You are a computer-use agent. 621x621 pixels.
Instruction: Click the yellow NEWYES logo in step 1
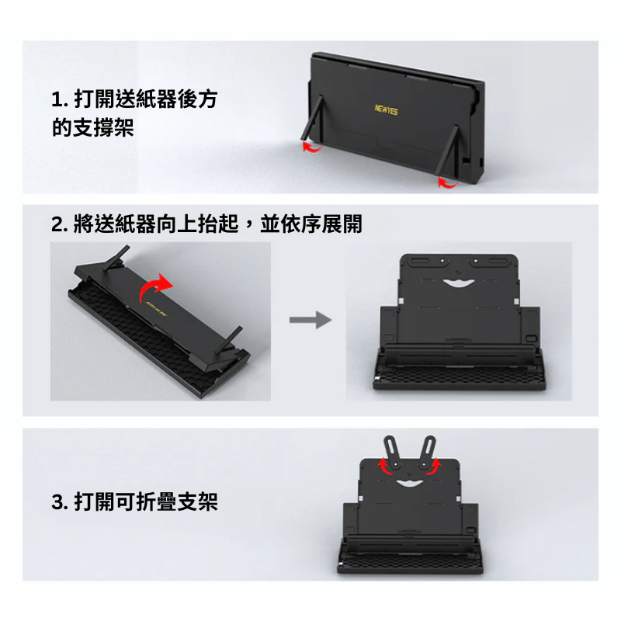[x=386, y=109]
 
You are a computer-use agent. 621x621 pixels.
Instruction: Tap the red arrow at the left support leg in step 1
[x=312, y=147]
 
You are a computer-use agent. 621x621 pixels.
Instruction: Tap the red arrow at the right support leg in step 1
[x=447, y=182]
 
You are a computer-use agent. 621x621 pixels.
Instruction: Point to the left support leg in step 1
[x=312, y=117]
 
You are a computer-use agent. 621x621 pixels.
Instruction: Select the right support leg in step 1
[x=447, y=150]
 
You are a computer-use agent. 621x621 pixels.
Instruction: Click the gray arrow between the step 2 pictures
[x=310, y=320]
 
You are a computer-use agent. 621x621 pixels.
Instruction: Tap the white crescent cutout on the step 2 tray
[x=459, y=283]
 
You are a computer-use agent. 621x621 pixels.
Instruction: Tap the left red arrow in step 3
[x=384, y=467]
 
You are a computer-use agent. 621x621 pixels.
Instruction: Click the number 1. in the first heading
[x=61, y=99]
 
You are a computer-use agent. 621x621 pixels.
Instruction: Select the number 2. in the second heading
[x=61, y=224]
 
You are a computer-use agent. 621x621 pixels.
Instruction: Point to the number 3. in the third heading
[x=61, y=502]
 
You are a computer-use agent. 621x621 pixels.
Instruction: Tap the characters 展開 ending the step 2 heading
[x=342, y=224]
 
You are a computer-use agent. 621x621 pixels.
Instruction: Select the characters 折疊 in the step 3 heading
[x=156, y=501]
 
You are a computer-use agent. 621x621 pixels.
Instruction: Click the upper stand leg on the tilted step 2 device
[x=116, y=258]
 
